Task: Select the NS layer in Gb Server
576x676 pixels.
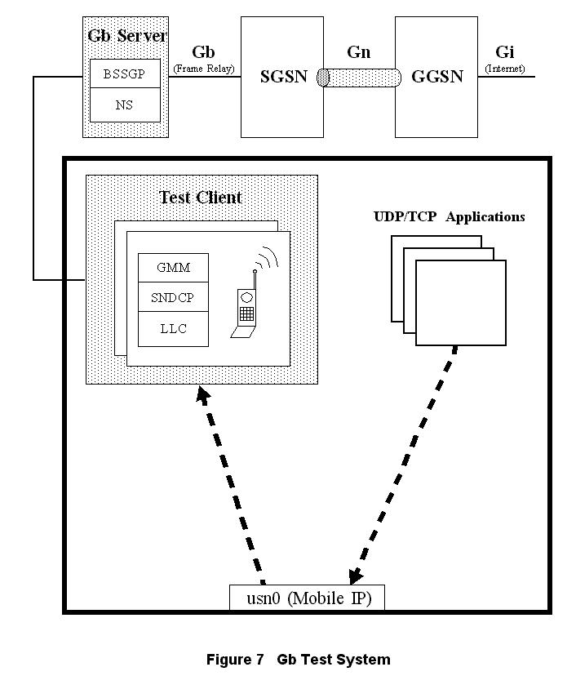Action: (x=124, y=105)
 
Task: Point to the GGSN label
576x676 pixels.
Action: (x=436, y=77)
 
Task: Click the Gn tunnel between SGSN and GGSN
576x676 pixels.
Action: (x=359, y=78)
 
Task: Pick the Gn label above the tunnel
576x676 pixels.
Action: (x=358, y=52)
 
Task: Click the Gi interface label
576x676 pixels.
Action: (x=504, y=53)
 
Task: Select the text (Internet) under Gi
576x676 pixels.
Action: (x=505, y=69)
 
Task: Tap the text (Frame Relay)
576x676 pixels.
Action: (x=203, y=69)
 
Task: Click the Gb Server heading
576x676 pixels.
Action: (x=126, y=37)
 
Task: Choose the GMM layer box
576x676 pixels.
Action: (x=173, y=268)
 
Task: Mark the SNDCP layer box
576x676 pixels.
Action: (x=173, y=298)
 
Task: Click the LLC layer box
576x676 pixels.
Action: (x=173, y=328)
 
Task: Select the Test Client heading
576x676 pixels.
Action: (x=201, y=197)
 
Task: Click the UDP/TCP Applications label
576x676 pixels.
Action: (x=449, y=217)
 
